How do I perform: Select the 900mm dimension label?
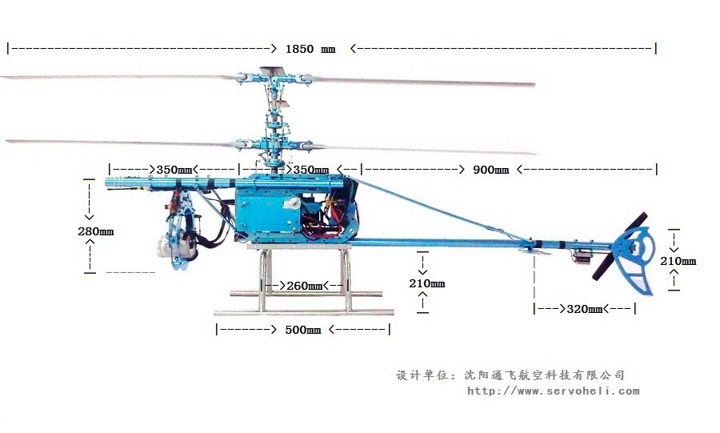[490, 170]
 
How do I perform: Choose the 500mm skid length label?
[302, 330]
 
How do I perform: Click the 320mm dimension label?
[584, 309]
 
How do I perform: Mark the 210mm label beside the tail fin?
[678, 261]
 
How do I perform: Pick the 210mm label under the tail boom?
[426, 283]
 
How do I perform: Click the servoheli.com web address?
[553, 391]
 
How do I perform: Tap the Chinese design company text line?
[510, 375]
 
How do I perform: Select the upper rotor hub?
[274, 78]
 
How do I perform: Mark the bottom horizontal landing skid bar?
[303, 312]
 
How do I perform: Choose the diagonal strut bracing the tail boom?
[440, 210]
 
